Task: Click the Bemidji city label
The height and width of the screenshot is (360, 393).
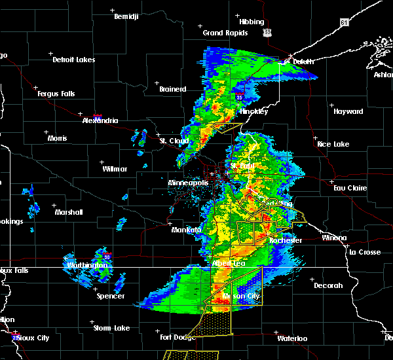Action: click(x=126, y=16)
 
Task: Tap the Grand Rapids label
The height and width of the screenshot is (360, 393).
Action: click(x=225, y=33)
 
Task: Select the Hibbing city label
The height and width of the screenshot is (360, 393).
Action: click(x=252, y=22)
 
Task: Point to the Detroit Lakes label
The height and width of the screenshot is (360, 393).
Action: click(x=73, y=60)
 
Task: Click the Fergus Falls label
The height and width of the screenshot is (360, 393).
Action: click(x=56, y=94)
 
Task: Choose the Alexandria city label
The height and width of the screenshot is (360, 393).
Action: click(x=100, y=120)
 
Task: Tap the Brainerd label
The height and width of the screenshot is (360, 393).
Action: click(x=172, y=89)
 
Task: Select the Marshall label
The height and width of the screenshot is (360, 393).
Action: click(x=69, y=212)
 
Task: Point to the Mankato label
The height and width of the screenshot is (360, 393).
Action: click(x=168, y=230)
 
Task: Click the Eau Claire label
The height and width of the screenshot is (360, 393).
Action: click(x=349, y=188)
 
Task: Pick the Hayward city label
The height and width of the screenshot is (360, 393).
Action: click(x=348, y=111)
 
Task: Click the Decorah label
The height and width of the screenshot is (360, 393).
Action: click(x=328, y=285)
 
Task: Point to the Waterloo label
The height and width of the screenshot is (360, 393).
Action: click(x=291, y=338)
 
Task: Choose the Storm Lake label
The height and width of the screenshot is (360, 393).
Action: click(x=111, y=328)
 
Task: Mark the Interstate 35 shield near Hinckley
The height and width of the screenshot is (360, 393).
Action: click(x=240, y=98)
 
